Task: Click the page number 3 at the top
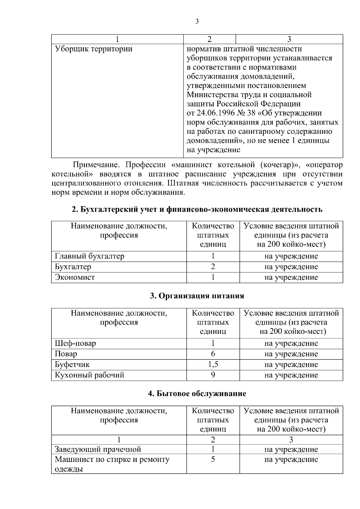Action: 197,22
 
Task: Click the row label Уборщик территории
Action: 94,49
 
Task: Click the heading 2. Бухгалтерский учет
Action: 197,209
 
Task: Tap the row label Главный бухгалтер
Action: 89,256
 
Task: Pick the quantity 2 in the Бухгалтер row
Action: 213,267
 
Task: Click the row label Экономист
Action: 75,277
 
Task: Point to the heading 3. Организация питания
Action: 197,296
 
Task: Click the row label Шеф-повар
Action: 75,343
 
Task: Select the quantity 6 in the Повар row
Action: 213,354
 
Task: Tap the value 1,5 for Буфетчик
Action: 213,365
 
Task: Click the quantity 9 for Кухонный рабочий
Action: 213,375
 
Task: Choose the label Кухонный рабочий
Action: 89,375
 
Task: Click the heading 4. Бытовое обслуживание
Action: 197,394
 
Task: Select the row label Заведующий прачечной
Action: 98,450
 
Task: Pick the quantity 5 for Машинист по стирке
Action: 213,460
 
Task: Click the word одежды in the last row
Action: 69,469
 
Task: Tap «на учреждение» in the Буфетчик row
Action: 291,365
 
